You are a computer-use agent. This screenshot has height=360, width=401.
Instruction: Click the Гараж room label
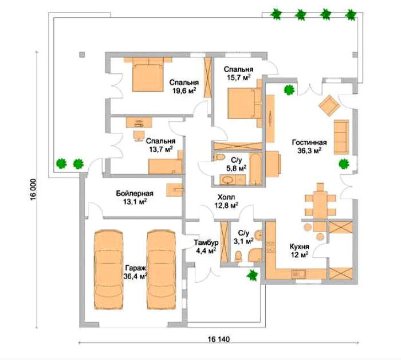tap(136, 268)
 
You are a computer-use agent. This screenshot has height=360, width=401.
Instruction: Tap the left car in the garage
tap(109, 269)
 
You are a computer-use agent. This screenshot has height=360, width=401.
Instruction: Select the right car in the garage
tap(162, 269)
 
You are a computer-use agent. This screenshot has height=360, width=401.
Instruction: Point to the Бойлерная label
tap(135, 193)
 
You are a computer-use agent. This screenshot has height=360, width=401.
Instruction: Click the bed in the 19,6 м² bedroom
tap(148, 74)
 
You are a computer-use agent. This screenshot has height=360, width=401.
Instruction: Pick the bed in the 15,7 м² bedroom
tap(244, 103)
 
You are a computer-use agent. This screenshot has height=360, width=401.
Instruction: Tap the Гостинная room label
tap(309, 142)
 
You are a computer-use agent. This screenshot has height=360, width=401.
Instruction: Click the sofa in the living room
tap(341, 137)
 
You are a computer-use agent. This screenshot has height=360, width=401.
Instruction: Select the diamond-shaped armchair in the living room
tap(329, 105)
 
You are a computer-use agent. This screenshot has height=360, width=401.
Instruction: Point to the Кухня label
tap(299, 246)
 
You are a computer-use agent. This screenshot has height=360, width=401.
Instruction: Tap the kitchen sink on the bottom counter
tap(298, 274)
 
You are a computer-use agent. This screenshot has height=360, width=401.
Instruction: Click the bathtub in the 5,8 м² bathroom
tap(255, 169)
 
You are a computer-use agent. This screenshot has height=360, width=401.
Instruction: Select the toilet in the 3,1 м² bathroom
tap(238, 256)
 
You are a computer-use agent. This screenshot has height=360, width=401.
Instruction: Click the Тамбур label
tap(206, 242)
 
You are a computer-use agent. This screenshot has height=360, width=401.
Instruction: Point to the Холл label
tap(226, 197)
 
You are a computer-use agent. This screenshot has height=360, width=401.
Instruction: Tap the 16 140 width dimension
tap(219, 339)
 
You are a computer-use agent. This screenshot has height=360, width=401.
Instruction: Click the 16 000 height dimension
tap(33, 190)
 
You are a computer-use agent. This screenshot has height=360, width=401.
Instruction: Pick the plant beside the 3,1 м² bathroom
tap(252, 275)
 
